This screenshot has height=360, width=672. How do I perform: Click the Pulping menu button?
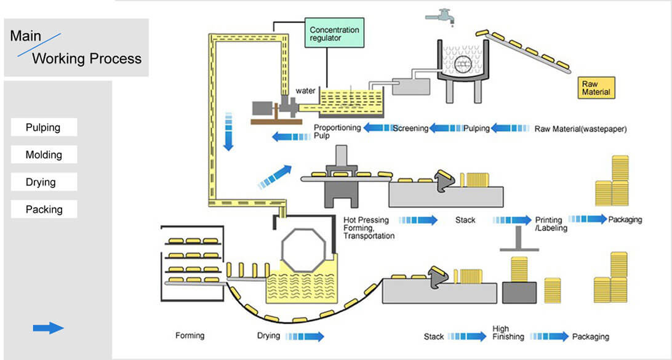pyautogui.click(x=44, y=127)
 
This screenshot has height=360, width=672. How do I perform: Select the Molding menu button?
pyautogui.click(x=44, y=154)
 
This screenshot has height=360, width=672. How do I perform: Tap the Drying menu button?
pyautogui.click(x=44, y=182)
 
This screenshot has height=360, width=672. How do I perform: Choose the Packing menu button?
pyautogui.click(x=44, y=209)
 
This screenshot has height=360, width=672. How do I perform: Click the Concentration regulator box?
pyautogui.click(x=334, y=34)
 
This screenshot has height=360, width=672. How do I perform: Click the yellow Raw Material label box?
pyautogui.click(x=596, y=87)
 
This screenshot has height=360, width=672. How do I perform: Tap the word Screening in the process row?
pyautogui.click(x=410, y=129)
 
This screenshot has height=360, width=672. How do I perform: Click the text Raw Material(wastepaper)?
pyautogui.click(x=580, y=129)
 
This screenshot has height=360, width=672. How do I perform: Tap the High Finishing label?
pyautogui.click(x=508, y=333)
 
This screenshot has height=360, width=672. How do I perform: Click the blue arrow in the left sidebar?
pyautogui.click(x=48, y=328)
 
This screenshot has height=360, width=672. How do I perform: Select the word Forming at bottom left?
pyautogui.click(x=190, y=336)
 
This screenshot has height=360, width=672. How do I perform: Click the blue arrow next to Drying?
pyautogui.click(x=305, y=336)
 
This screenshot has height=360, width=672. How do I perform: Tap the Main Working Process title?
pyautogui.click(x=76, y=47)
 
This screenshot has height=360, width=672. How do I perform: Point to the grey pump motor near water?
pyautogui.click(x=264, y=108)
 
